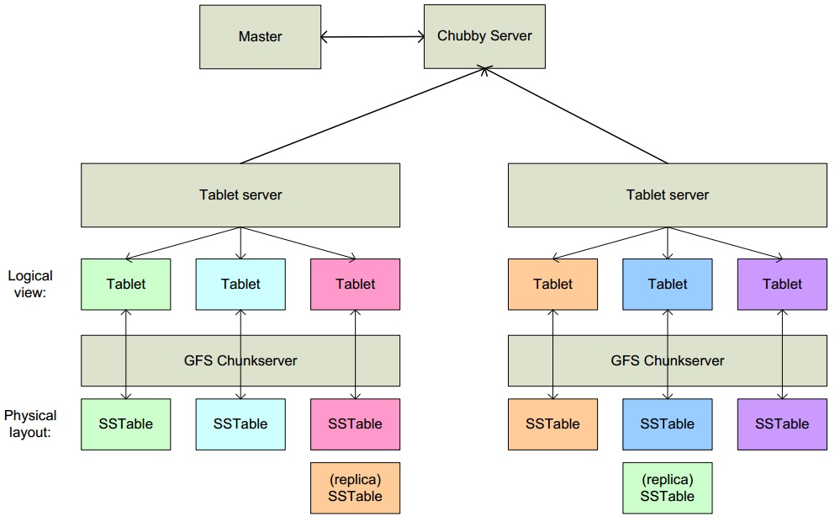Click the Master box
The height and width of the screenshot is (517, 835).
click(x=260, y=37)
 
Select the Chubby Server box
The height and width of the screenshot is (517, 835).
click(x=484, y=37)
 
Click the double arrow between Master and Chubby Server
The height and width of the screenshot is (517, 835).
click(x=373, y=37)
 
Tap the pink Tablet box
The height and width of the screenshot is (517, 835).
click(x=355, y=285)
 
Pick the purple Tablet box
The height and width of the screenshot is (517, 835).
click(x=782, y=285)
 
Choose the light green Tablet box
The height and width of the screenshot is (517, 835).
click(x=126, y=285)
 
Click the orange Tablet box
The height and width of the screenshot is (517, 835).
click(x=552, y=285)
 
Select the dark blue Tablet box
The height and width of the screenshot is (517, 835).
click(x=668, y=285)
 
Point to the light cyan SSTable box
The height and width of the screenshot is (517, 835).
click(x=240, y=424)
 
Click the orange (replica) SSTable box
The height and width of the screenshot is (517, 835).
click(x=355, y=488)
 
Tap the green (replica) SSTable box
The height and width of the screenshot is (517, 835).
click(x=668, y=488)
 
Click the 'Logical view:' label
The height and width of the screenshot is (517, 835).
click(x=30, y=284)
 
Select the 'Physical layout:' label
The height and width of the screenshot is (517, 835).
click(x=30, y=424)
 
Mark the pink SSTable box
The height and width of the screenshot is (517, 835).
click(x=355, y=424)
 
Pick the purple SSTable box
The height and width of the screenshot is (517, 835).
click(x=782, y=424)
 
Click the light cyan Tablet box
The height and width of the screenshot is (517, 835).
click(x=240, y=285)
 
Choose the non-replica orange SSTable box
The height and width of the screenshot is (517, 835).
click(x=552, y=424)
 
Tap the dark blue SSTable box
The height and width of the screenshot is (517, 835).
click(x=668, y=424)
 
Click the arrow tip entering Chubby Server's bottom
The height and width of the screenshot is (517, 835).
click(x=485, y=72)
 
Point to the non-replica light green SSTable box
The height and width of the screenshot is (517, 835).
click(x=126, y=424)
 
